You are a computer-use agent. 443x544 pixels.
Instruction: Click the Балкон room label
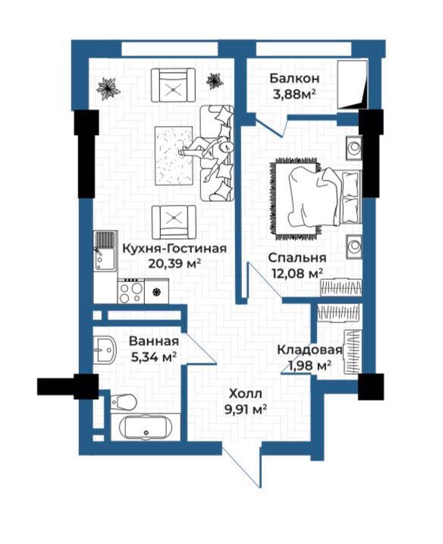click(294, 78)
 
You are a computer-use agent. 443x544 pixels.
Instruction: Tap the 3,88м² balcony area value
click(294, 94)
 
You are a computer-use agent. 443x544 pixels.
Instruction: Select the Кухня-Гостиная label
click(174, 248)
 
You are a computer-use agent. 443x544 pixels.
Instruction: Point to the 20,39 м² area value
click(174, 264)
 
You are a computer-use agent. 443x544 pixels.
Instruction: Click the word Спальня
click(297, 258)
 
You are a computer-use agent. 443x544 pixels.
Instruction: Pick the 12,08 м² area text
click(297, 273)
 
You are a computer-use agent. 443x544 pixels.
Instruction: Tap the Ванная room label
click(154, 341)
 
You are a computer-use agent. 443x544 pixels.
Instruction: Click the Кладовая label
click(309, 350)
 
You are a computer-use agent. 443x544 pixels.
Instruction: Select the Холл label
click(246, 394)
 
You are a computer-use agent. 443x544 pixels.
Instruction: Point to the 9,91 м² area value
click(246, 410)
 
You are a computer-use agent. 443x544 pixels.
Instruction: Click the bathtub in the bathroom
click(146, 427)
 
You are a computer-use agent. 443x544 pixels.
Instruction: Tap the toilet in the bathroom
click(124, 402)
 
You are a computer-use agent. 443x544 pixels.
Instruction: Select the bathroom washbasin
click(105, 350)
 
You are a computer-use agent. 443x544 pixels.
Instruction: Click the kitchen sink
click(105, 251)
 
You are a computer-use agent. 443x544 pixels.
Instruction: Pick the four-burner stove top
click(130, 292)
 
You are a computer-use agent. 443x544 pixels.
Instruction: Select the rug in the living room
click(174, 156)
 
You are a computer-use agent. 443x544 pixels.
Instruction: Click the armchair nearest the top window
click(173, 85)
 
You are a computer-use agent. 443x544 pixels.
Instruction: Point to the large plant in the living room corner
click(108, 88)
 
